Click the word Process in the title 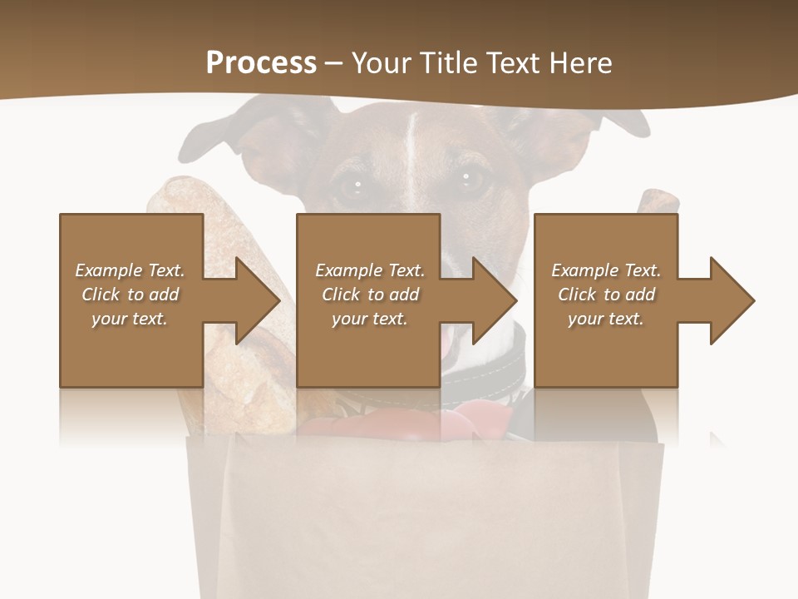click(261, 63)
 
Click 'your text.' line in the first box click(130, 319)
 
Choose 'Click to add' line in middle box click(370, 295)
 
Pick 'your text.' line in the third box click(606, 319)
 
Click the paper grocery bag click(424, 516)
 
